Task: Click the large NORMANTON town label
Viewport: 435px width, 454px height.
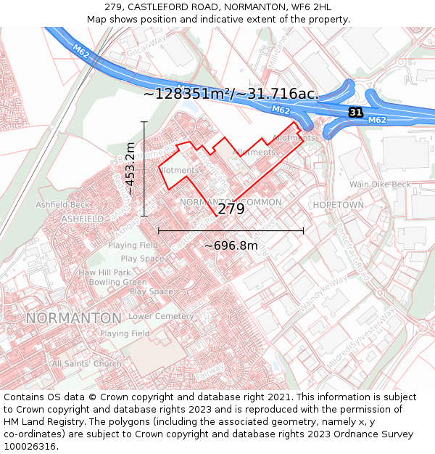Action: (x=74, y=318)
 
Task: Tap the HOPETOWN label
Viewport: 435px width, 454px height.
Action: (x=338, y=206)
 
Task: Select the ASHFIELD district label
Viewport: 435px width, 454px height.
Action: (x=83, y=218)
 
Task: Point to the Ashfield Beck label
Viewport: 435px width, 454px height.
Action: (x=63, y=205)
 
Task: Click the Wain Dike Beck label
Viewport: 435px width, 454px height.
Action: (x=380, y=185)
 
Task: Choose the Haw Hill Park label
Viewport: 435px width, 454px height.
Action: (x=105, y=272)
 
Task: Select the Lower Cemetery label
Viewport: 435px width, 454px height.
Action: (x=161, y=317)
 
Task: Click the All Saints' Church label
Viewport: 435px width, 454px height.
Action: (x=86, y=363)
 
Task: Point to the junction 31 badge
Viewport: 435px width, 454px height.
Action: (x=355, y=113)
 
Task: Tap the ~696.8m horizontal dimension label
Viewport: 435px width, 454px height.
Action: (x=231, y=246)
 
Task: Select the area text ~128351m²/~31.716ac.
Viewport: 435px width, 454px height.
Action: (x=231, y=94)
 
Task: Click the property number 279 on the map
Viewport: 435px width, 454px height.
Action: (x=231, y=209)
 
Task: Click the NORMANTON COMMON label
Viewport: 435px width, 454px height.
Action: (x=231, y=201)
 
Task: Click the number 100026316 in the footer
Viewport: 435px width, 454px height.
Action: (x=30, y=446)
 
